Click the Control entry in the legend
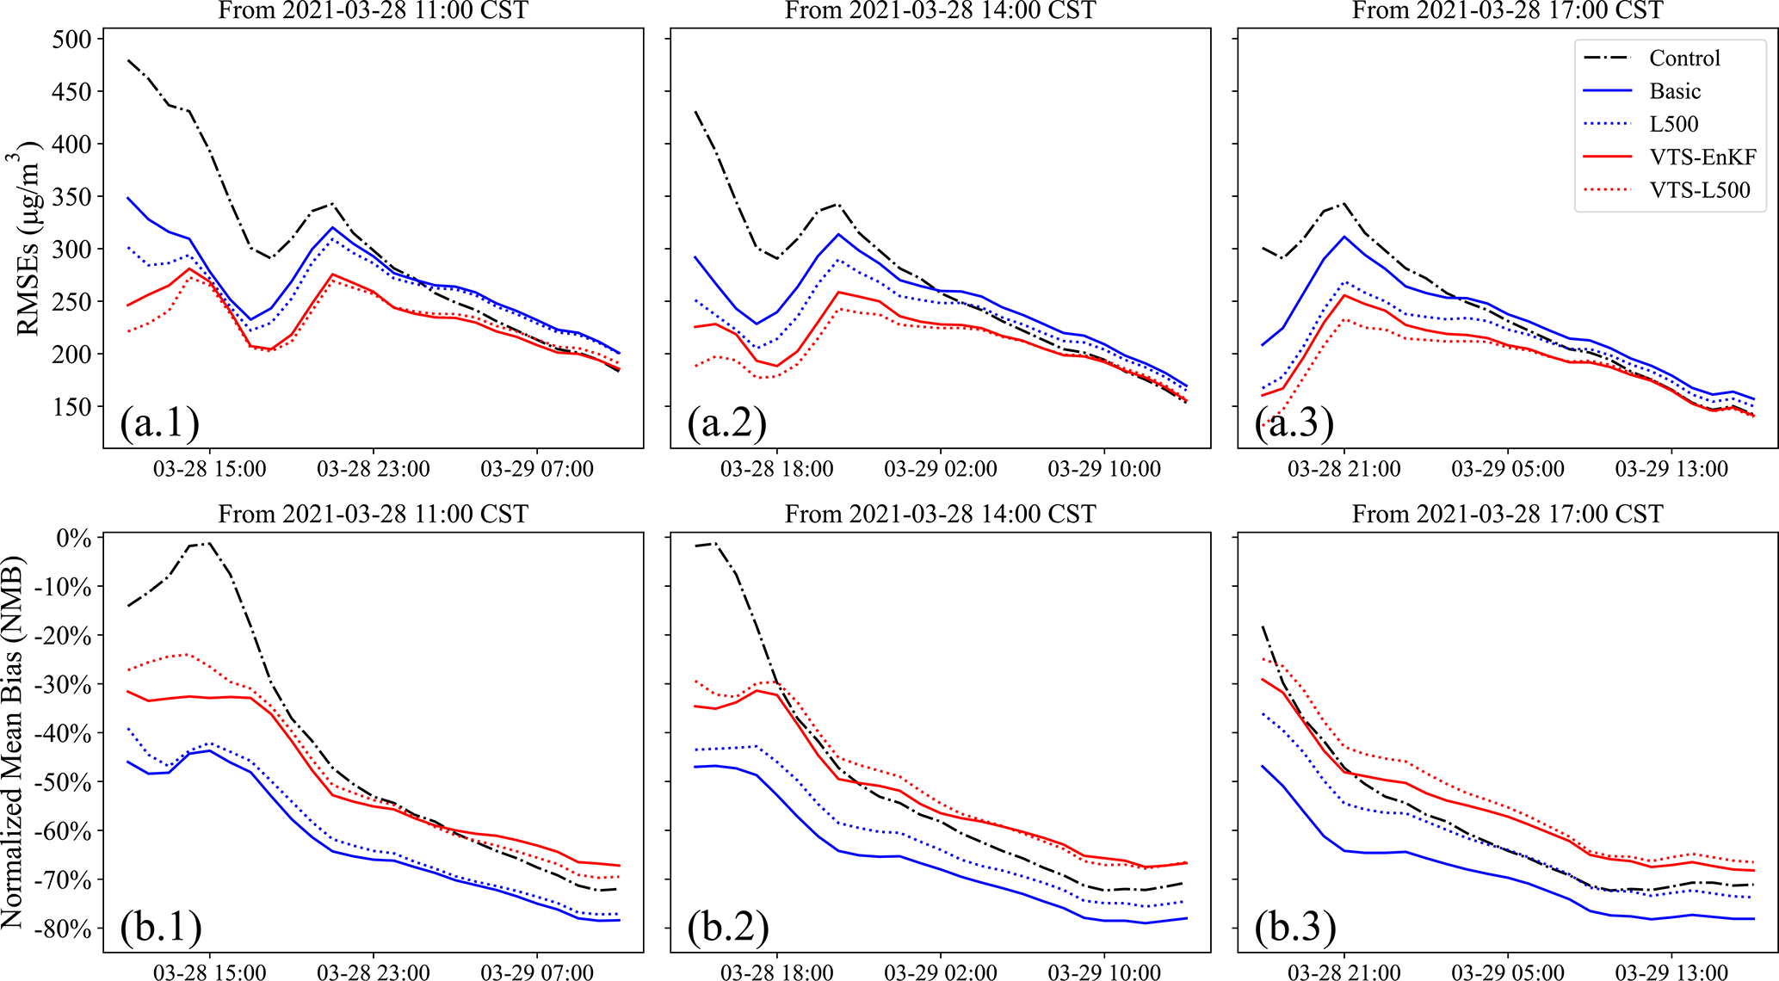(1684, 59)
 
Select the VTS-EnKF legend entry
(1702, 157)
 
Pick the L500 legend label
(1673, 124)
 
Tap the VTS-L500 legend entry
(1699, 190)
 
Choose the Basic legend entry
(1675, 91)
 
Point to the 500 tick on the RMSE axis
(71, 40)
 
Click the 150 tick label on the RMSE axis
(71, 407)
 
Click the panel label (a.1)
(160, 423)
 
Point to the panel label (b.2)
(727, 927)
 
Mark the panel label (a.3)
(1294, 423)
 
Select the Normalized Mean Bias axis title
(12, 742)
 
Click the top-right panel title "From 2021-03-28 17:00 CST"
(1507, 10)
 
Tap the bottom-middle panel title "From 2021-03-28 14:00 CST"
(940, 515)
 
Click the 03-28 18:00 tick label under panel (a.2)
(776, 470)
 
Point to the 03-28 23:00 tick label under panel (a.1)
(373, 470)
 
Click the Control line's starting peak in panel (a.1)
(127, 60)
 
